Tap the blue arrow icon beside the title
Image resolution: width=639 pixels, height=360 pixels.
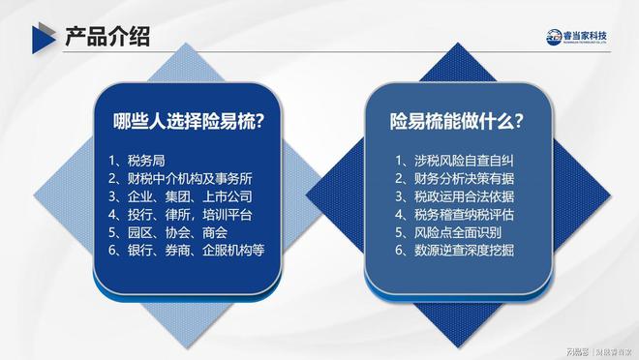coord(40,38)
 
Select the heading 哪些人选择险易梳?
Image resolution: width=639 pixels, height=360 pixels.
coord(190,122)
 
